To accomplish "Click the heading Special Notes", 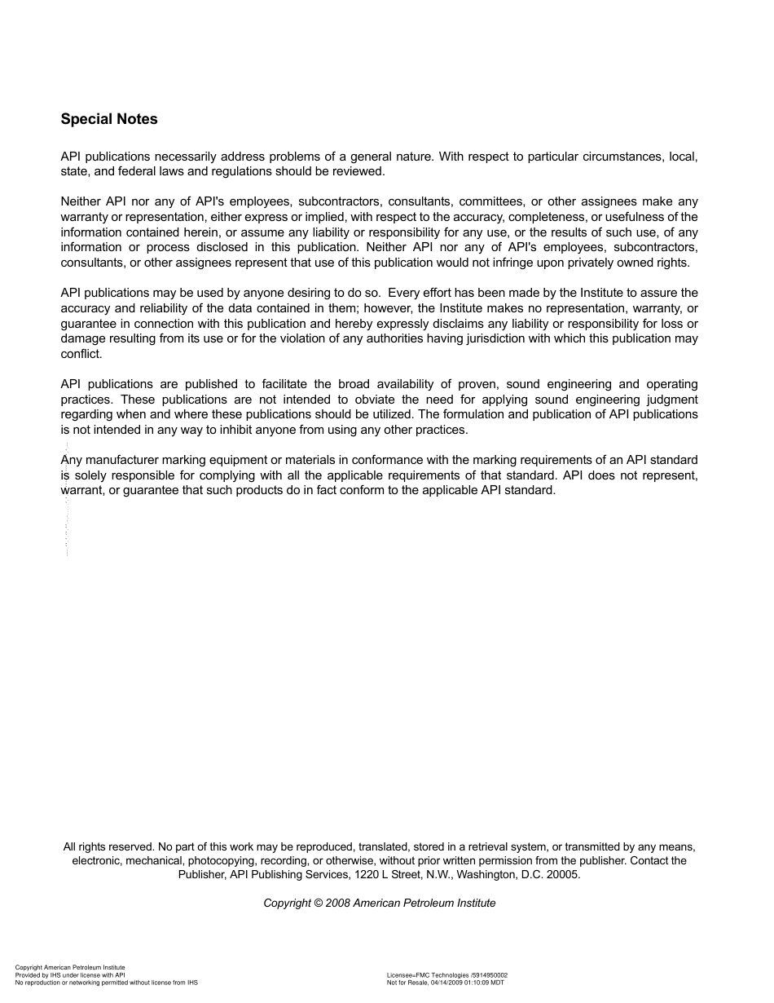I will (109, 119).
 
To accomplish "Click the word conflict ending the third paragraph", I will (81, 354).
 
